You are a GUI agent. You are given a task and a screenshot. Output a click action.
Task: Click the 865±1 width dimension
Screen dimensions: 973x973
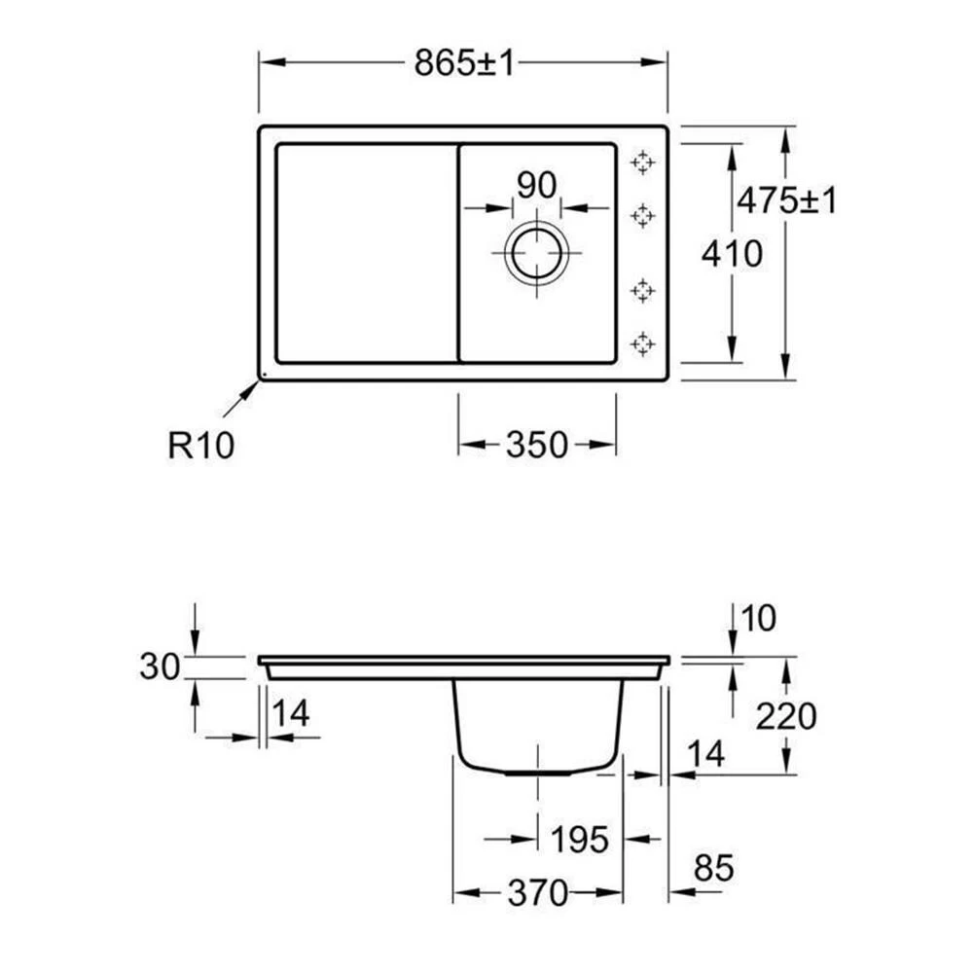[x=464, y=63]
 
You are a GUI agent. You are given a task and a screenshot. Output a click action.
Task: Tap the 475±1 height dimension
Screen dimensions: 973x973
[x=787, y=200]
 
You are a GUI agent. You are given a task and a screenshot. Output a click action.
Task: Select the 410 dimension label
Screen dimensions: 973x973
[x=732, y=254]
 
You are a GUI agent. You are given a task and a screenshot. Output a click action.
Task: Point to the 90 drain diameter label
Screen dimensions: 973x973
[x=537, y=185]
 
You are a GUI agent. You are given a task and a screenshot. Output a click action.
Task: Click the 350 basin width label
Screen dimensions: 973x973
[x=537, y=445]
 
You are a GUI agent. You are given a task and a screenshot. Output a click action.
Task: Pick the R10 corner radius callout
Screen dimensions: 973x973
[x=201, y=445]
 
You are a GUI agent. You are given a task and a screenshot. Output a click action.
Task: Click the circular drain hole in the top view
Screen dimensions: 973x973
[x=537, y=253]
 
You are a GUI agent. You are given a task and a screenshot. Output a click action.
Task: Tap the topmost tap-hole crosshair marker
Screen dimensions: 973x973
[x=642, y=162]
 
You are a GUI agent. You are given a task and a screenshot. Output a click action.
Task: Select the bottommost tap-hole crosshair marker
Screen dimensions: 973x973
[x=642, y=343]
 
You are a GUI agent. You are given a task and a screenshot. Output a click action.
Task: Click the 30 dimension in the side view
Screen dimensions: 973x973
[x=160, y=667]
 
